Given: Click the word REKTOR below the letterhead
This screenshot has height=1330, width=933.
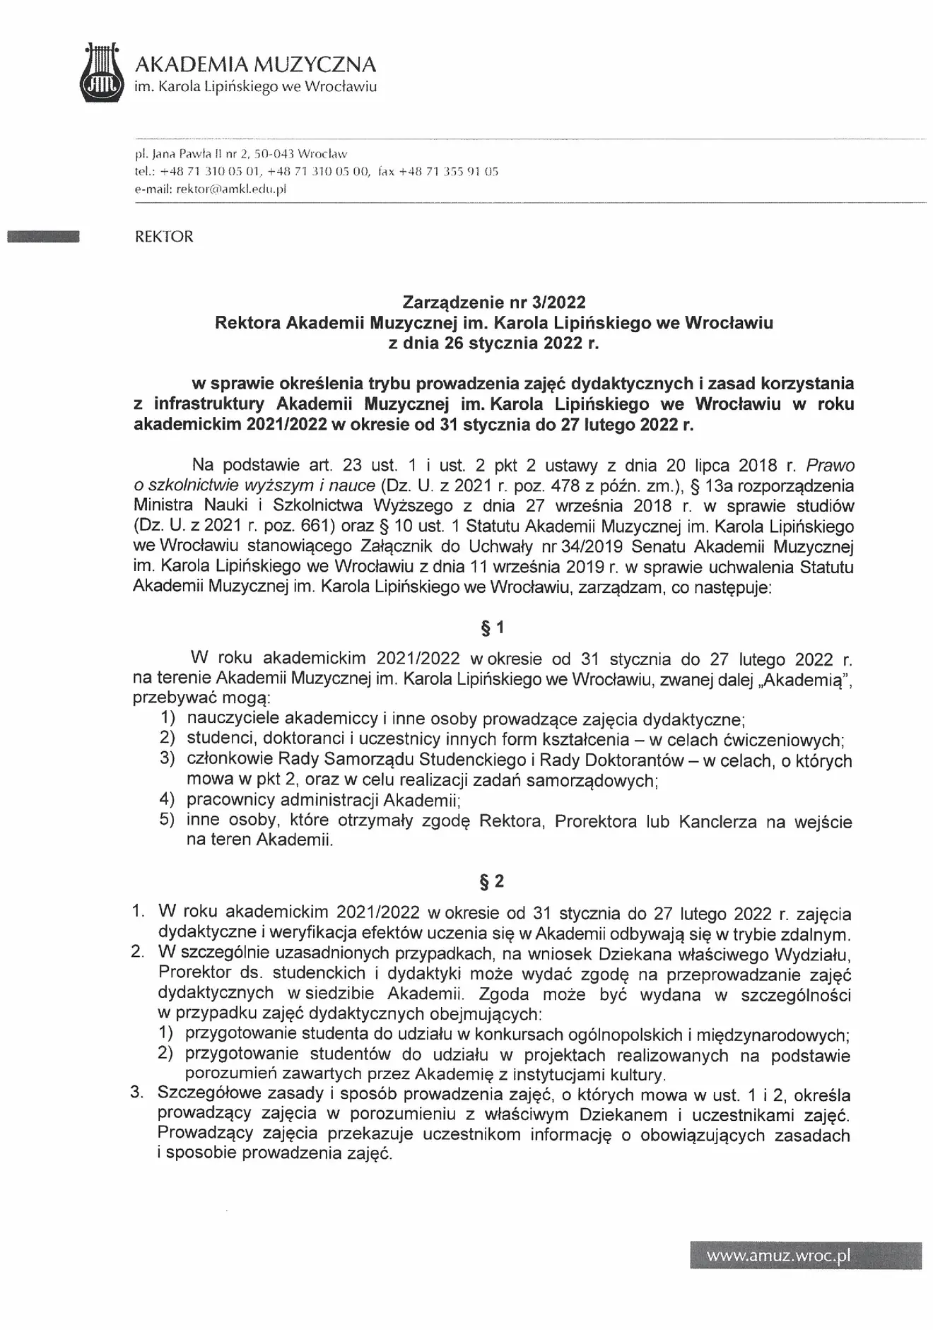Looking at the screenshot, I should pyautogui.click(x=164, y=237).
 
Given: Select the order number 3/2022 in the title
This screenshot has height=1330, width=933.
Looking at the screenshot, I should pyautogui.click(x=561, y=302).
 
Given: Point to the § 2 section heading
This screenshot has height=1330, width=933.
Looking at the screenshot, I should pyautogui.click(x=493, y=881).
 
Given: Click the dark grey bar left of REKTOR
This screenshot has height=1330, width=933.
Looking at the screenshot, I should pyautogui.click(x=42, y=237).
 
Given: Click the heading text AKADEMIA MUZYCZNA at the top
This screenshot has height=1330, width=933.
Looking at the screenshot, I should pyautogui.click(x=255, y=65).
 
